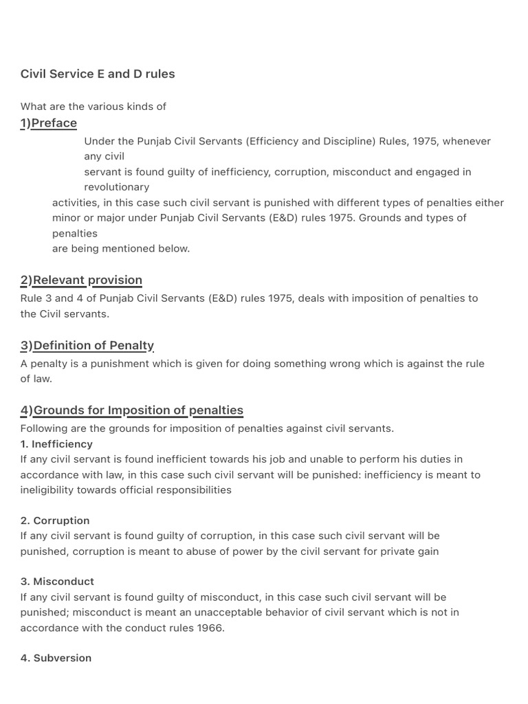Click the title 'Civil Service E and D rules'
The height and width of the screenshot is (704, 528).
tap(98, 74)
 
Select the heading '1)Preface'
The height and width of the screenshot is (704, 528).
tap(49, 123)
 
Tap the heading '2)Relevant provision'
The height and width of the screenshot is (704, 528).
tap(81, 280)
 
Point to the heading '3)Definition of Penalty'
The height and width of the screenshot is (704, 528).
tap(87, 345)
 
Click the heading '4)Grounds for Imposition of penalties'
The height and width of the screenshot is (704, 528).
tap(132, 410)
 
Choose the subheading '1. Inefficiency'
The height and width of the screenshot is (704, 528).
tap(56, 443)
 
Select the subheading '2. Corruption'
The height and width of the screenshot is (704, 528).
tap(55, 520)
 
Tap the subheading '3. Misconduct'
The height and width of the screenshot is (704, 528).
tap(57, 581)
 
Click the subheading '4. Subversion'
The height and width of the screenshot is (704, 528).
tap(56, 658)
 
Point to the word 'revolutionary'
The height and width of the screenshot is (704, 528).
tap(116, 187)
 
